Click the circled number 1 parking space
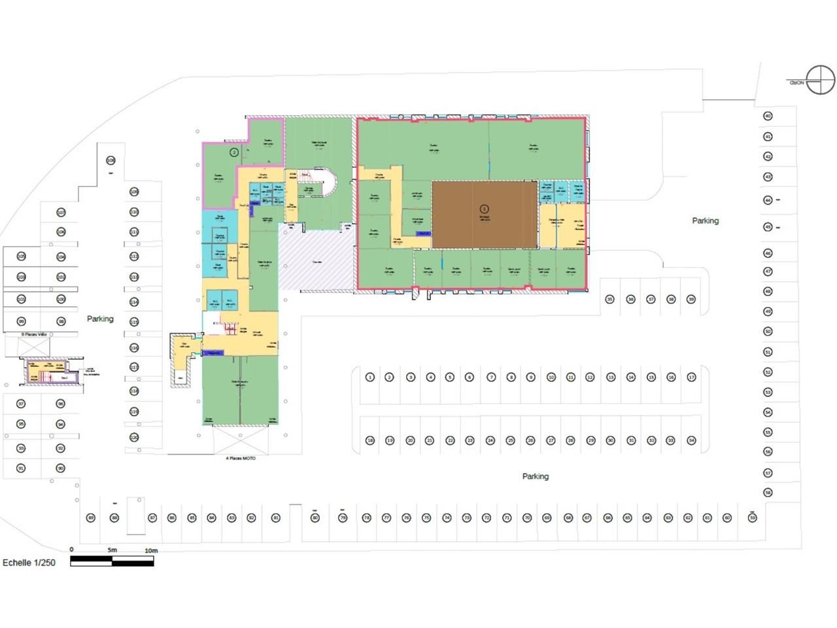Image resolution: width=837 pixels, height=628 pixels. pos(369,377)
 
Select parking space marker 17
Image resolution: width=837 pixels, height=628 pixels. pos(691,377)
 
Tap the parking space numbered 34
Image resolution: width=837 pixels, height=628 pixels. pos(691,440)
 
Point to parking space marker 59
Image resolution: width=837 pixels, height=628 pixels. pos(752,517)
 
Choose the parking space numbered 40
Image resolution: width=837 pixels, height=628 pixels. pos(768,116)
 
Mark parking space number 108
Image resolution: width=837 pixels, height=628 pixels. pos(111,160)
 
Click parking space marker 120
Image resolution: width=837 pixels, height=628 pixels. pos(134,437)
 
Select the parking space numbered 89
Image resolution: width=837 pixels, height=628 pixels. pos(91,517)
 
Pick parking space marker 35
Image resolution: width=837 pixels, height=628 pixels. pos(609,299)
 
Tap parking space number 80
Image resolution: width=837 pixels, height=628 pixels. pos(315,517)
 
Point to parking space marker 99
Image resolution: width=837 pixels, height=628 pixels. pos(21,321)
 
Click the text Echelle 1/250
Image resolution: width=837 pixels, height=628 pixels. pos(29,563)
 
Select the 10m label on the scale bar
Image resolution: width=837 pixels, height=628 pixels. pos(151,551)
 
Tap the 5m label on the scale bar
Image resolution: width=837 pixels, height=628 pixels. pos(112,550)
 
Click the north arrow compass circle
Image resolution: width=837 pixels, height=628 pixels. pos(820,80)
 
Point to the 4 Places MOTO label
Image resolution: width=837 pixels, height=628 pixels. pos(241,459)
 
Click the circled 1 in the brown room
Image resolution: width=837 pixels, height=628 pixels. pos(485,209)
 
